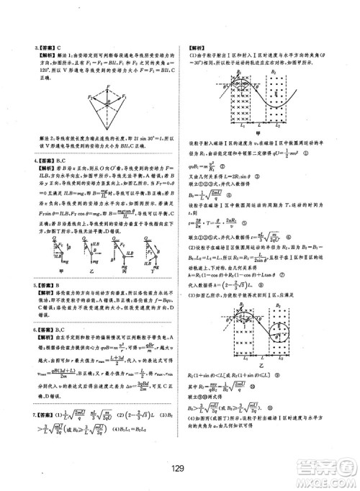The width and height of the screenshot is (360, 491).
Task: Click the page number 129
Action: point(179,468)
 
